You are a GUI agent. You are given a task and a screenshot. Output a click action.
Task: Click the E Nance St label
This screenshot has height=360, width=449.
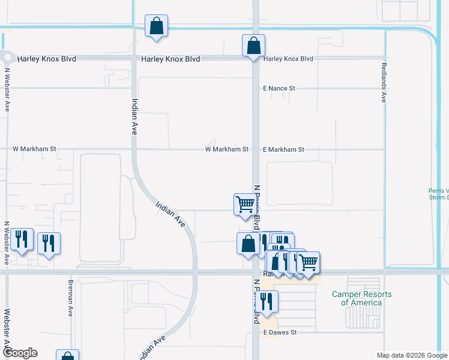(x=279, y=88)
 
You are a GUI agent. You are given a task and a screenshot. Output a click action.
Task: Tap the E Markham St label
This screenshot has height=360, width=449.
(x=283, y=149)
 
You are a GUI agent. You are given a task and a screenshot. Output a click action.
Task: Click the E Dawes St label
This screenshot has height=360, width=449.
(x=280, y=332)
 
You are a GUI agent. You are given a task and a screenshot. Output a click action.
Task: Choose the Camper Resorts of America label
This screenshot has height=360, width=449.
(x=362, y=298)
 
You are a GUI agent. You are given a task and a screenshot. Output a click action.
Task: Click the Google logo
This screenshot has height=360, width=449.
(x=19, y=353)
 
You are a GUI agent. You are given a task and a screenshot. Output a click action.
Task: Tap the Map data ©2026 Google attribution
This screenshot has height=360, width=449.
(x=411, y=355)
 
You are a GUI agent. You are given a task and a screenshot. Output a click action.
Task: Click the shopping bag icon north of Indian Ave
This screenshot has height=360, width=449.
(x=156, y=26)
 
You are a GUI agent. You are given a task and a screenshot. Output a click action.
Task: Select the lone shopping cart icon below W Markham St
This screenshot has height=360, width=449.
(x=245, y=204)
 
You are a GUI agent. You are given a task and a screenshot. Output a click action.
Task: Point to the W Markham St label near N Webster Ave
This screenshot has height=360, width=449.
(x=35, y=149)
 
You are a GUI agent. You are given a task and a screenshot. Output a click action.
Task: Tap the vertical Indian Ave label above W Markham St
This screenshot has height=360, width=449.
(x=134, y=116)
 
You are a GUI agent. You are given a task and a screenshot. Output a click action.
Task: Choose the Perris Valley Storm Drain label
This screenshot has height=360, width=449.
(x=439, y=194)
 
